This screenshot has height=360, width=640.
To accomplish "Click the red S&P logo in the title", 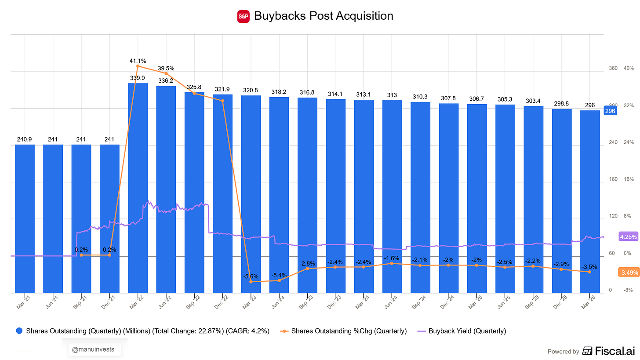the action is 243,16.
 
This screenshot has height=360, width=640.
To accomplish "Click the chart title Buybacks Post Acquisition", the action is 324,16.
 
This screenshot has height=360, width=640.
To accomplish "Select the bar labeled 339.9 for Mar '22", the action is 138,188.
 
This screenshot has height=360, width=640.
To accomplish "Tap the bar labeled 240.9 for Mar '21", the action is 25,218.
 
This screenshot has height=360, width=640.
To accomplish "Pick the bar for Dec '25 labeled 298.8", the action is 561,200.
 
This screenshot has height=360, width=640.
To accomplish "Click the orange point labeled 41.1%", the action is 138,66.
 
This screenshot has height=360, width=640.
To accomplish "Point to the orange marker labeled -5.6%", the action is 251,282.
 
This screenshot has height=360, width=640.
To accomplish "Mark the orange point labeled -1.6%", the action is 392,263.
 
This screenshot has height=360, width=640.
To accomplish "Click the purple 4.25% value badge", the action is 628,236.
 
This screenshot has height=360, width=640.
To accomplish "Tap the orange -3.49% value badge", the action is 628,273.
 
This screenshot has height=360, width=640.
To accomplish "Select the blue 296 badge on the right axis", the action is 610,111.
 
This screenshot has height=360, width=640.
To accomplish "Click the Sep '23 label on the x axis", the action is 306,302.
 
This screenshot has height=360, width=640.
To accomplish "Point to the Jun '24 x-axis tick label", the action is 391,302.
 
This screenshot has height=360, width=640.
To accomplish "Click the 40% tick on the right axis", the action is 629,68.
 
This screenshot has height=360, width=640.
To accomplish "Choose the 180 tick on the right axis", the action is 613,179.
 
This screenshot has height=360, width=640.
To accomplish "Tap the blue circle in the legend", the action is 19,331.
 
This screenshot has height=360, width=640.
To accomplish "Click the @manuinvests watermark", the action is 93,349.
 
